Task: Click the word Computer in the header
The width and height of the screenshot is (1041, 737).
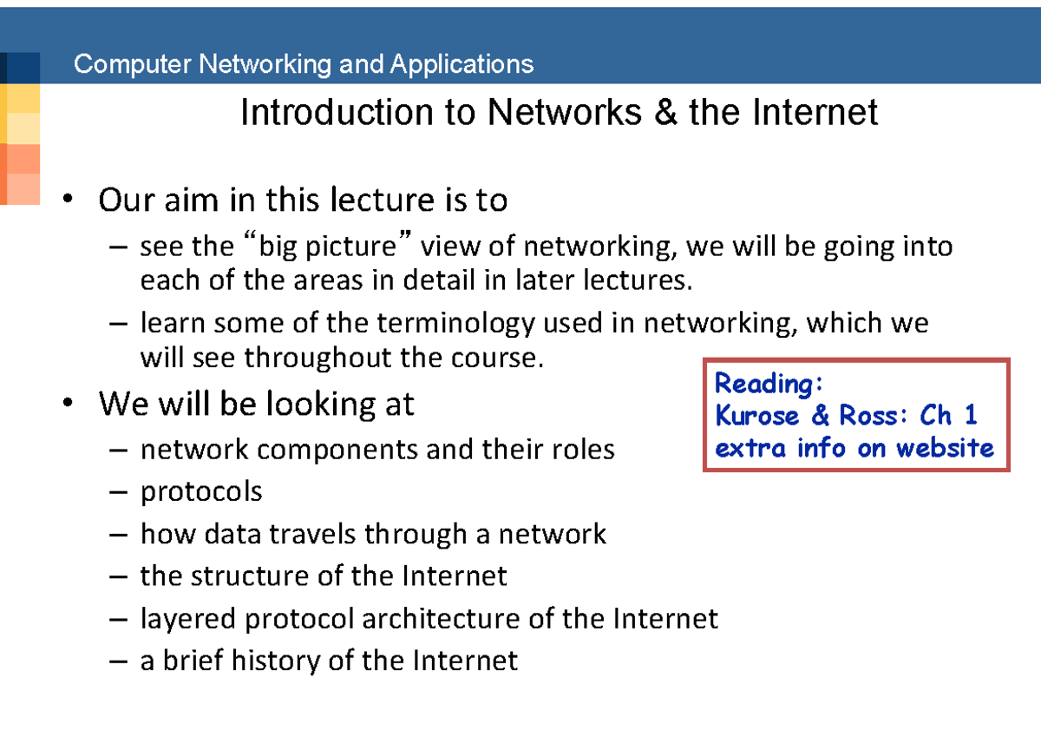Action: pyautogui.click(x=133, y=64)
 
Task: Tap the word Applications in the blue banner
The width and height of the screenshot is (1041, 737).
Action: pyautogui.click(x=462, y=64)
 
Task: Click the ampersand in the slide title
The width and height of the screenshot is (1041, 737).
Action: pyautogui.click(x=665, y=112)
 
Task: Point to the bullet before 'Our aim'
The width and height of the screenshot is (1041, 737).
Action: pyautogui.click(x=68, y=199)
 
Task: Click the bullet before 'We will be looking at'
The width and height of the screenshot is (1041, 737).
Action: pyautogui.click(x=68, y=402)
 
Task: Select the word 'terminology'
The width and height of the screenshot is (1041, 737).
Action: pyautogui.click(x=455, y=324)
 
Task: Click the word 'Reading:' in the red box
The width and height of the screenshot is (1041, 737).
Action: pyautogui.click(x=769, y=384)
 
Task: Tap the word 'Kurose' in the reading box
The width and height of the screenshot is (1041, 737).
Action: pyautogui.click(x=756, y=415)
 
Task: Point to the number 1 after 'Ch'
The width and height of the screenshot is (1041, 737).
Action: pyautogui.click(x=971, y=414)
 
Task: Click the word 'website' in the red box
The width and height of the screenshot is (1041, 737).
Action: pyautogui.click(x=945, y=448)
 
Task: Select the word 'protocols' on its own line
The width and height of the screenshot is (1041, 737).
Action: pyautogui.click(x=201, y=492)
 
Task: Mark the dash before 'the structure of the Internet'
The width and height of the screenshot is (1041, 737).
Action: pyautogui.click(x=119, y=577)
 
